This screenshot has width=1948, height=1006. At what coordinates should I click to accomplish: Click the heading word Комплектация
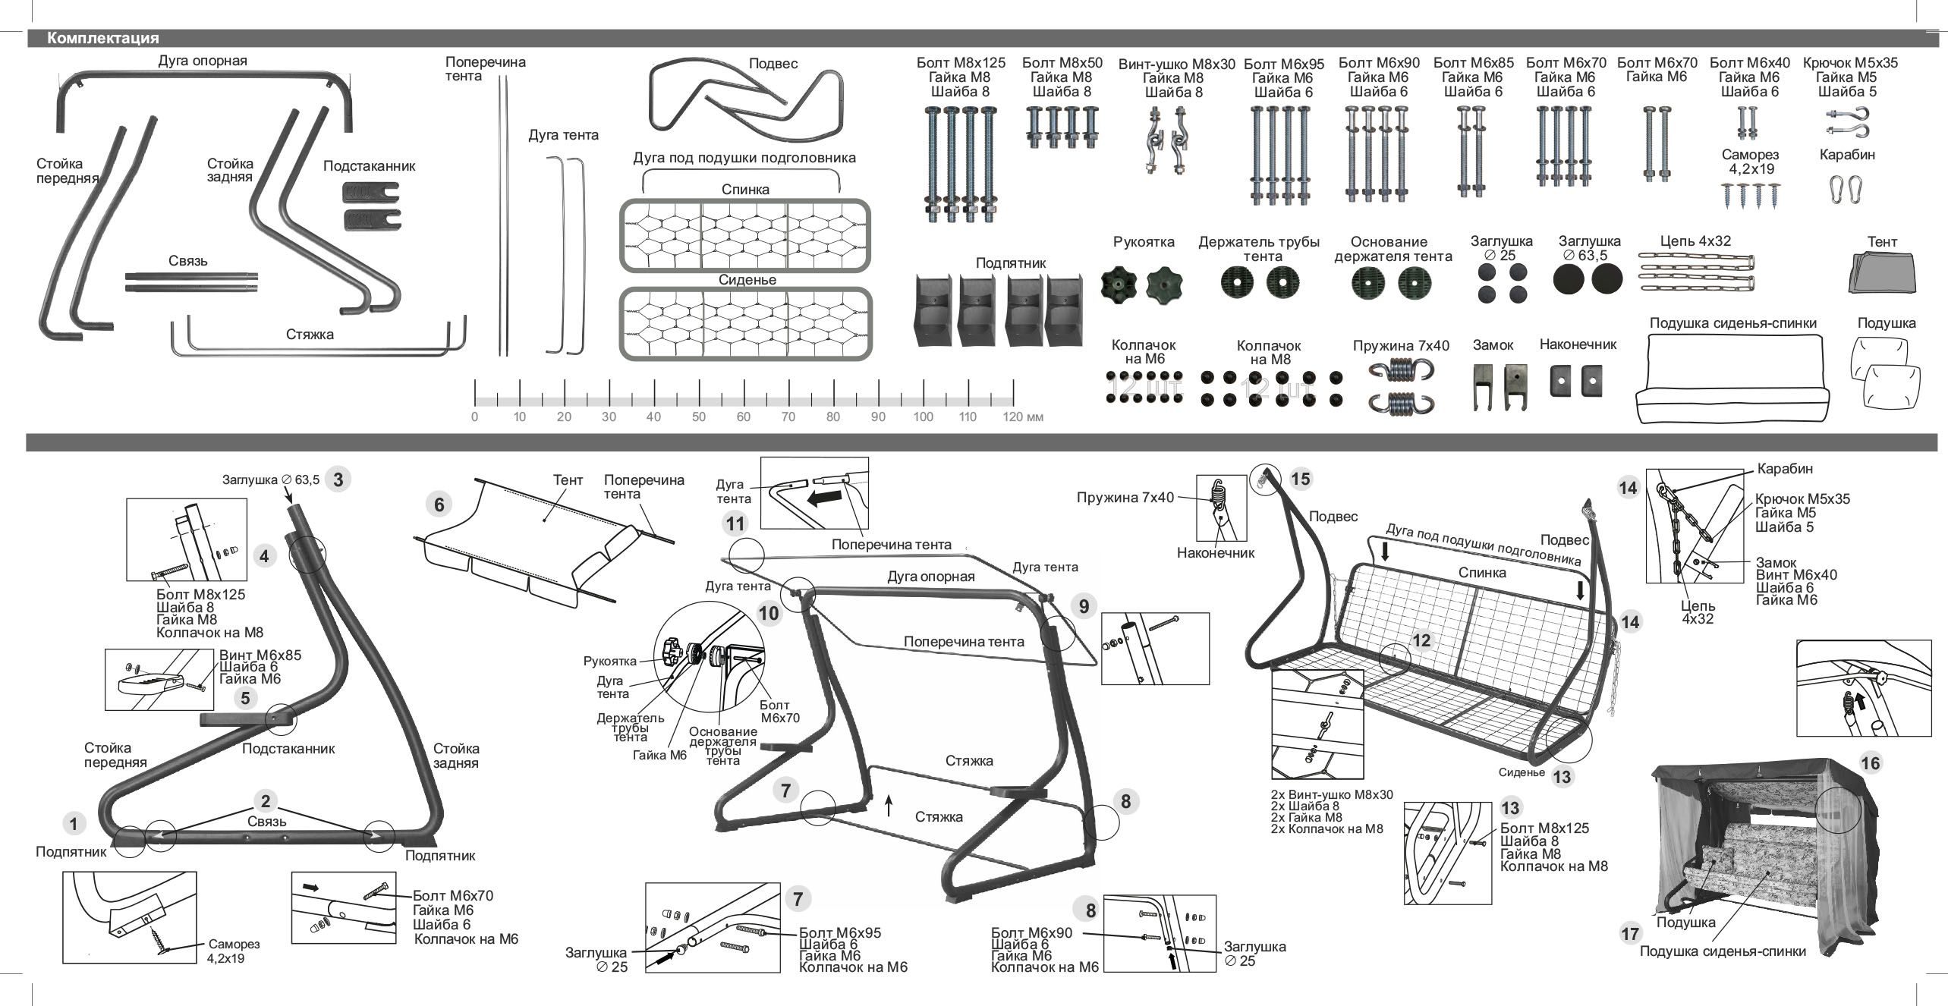(102, 38)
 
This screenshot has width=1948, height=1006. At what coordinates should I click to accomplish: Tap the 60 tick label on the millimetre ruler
(743, 417)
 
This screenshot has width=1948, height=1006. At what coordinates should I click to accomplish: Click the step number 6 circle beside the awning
(439, 504)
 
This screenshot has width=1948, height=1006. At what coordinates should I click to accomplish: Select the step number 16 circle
(1871, 762)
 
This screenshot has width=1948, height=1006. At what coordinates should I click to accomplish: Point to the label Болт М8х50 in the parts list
(1062, 62)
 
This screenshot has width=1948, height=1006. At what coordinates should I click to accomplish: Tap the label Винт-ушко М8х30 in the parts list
(1176, 64)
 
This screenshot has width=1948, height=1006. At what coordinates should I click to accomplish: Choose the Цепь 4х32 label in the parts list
(1695, 240)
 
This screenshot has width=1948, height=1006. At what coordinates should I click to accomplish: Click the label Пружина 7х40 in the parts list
(1401, 346)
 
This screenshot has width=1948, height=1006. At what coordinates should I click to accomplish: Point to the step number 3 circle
(338, 479)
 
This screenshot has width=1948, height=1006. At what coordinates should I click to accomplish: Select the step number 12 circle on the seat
(1421, 640)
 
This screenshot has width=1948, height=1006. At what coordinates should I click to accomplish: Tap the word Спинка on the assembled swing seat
(1482, 573)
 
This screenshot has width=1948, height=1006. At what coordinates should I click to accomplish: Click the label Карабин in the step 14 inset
(1785, 469)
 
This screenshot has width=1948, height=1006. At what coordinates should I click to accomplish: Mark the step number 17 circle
(1630, 933)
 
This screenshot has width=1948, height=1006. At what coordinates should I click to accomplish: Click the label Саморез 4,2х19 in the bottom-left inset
(233, 951)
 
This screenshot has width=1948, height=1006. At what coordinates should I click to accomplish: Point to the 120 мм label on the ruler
(1023, 417)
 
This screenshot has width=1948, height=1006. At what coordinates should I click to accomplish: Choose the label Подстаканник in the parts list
(369, 165)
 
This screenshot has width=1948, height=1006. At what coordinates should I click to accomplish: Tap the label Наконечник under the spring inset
(1215, 553)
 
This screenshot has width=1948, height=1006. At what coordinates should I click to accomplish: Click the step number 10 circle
(769, 613)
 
